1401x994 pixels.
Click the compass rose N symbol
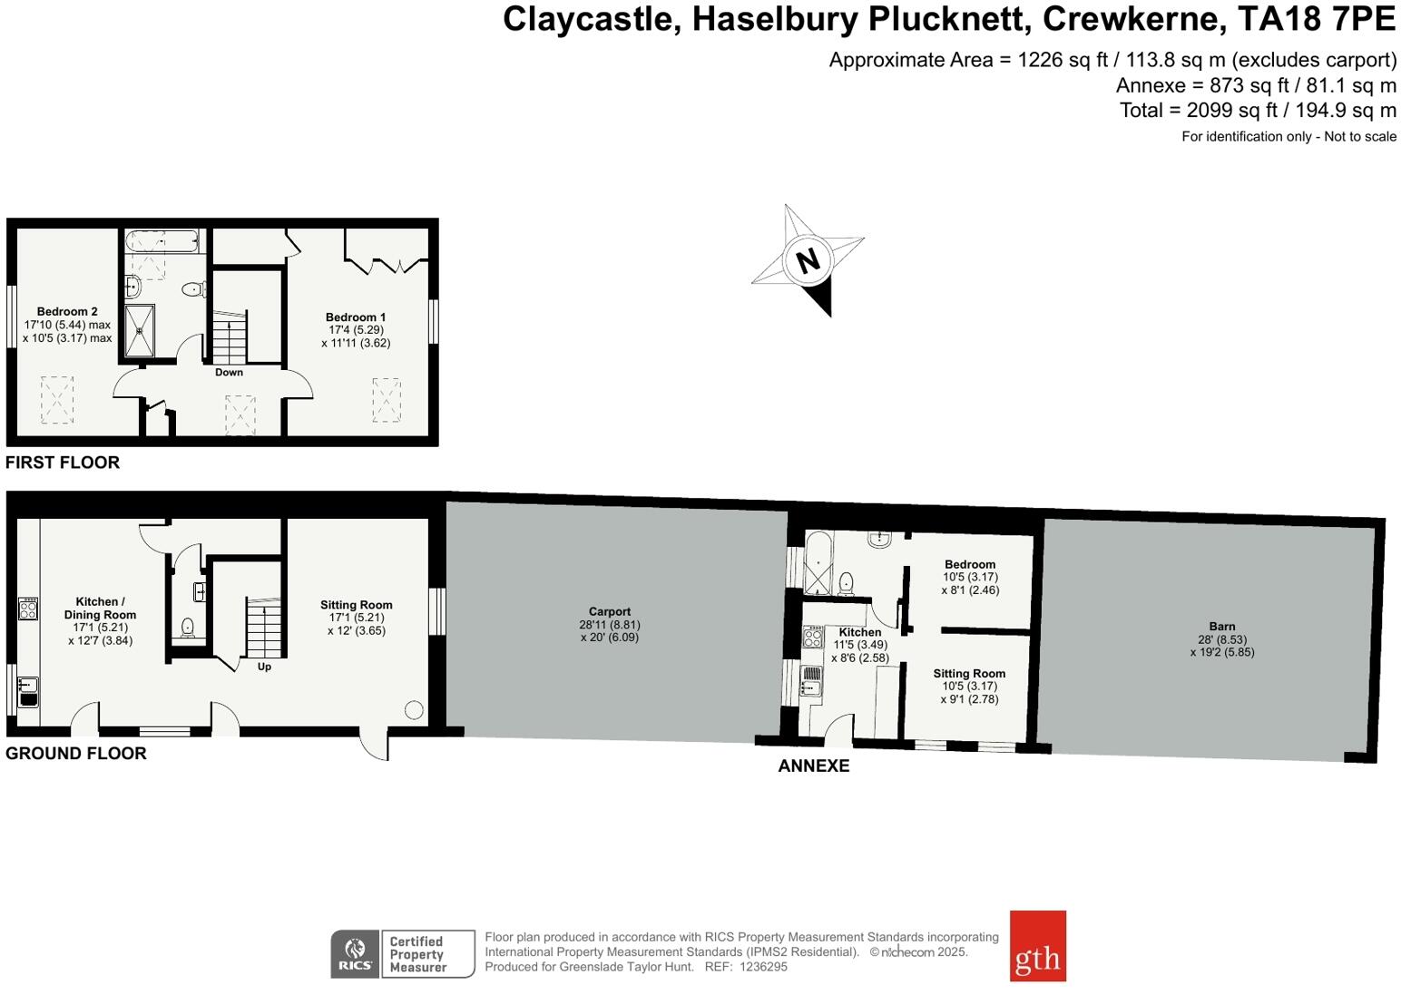tap(808, 260)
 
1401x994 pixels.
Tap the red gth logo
tap(1037, 946)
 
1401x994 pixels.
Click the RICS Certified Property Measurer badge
tap(402, 954)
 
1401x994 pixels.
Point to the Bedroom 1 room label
tap(356, 317)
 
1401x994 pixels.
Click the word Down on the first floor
tap(229, 373)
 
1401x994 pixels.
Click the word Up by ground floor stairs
tap(264, 667)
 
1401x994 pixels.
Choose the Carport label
tap(609, 612)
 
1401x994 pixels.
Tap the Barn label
tap(1221, 627)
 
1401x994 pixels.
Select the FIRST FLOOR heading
tap(63, 463)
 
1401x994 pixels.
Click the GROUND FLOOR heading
tap(76, 754)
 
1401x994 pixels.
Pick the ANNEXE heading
tap(813, 766)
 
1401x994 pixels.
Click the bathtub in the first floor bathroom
tap(162, 242)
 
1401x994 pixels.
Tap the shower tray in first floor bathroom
tap(140, 332)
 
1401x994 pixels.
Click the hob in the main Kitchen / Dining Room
tap(28, 609)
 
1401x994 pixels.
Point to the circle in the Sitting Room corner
tap(415, 710)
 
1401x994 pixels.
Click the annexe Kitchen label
tap(859, 632)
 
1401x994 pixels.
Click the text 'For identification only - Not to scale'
tap(1288, 137)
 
